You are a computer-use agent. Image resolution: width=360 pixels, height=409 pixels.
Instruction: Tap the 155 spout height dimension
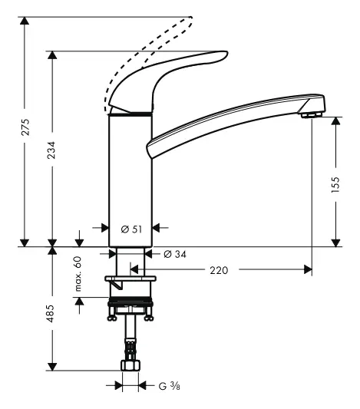[335, 186]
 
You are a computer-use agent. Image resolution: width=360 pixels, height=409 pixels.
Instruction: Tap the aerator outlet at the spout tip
[309, 114]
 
